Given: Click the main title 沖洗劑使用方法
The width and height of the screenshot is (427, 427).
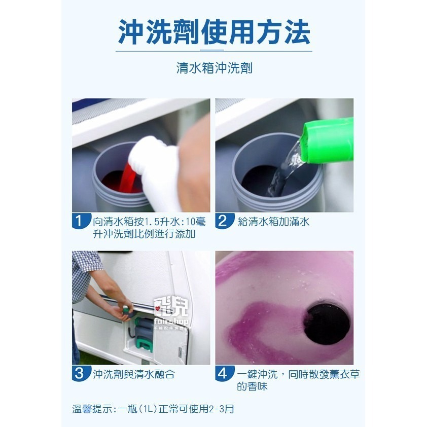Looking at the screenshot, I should pos(213,31).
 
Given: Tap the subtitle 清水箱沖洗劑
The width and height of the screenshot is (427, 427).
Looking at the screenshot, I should pos(213,68).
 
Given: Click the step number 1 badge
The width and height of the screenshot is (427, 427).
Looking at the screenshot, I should pos(79,222).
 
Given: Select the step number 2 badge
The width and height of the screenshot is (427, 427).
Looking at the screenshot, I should pos(223,222).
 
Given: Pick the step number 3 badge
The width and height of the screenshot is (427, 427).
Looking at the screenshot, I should pos(79,374).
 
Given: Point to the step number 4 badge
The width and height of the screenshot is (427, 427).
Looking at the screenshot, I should pos(223,374).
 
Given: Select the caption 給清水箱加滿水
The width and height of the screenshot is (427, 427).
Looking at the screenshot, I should pos(274,222).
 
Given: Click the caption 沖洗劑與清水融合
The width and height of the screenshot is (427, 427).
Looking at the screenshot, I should pos(134,375).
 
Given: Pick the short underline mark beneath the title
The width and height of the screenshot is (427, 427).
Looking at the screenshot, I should pos(213,51).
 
